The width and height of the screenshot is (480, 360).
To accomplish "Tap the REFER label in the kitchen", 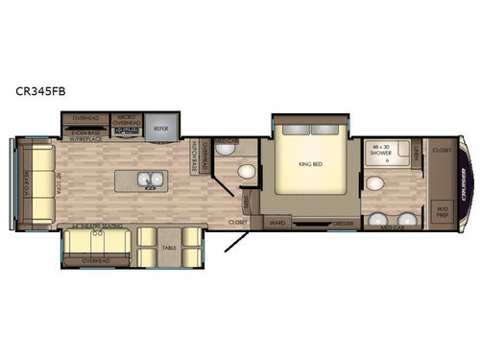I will (163, 125).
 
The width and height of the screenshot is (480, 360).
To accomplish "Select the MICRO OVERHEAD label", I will (127, 123).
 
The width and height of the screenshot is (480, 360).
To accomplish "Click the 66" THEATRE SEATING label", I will (92, 227).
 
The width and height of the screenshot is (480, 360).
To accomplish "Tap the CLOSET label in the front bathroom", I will (442, 150).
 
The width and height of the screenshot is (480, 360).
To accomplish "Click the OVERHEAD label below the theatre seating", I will (94, 259).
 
